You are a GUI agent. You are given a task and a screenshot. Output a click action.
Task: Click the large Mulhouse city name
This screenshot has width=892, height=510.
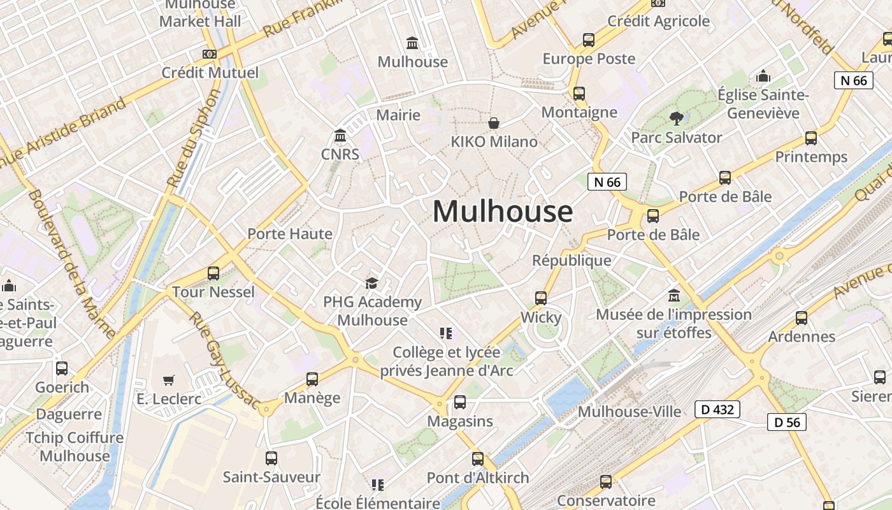point(502,212)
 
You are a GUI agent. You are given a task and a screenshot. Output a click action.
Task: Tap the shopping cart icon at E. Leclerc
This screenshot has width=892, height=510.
point(168,381)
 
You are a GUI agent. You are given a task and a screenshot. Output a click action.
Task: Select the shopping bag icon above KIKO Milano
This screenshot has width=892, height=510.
point(493,122)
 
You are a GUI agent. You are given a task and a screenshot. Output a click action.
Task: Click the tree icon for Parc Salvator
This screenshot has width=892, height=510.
point(676,118)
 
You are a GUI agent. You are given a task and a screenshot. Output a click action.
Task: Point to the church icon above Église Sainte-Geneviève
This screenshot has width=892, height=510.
point(763,76)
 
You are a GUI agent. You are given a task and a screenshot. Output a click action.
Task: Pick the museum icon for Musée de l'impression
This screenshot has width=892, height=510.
point(673,296)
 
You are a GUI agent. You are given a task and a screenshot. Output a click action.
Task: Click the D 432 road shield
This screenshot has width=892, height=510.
point(717,409)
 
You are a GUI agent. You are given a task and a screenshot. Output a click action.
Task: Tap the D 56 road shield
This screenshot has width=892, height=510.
point(786,421)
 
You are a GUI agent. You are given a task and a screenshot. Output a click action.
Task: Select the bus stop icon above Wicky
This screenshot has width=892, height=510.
point(540,298)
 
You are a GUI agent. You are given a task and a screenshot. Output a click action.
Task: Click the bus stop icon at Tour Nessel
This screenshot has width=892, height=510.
point(213,273)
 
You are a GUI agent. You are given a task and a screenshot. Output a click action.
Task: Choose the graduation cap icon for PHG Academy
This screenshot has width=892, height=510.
point(371,283)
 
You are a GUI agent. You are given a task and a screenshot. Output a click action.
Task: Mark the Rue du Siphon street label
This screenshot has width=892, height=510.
point(194,138)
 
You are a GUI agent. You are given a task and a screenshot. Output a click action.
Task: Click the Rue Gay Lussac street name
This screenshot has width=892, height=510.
point(224,360)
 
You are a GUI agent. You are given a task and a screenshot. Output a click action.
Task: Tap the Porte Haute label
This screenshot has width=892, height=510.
point(290,234)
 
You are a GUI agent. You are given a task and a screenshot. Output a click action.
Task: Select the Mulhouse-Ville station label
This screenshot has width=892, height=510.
point(629,412)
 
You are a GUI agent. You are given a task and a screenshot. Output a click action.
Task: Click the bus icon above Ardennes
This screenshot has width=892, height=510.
point(801,317)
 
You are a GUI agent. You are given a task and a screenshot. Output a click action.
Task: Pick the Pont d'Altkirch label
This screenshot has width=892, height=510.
point(477,477)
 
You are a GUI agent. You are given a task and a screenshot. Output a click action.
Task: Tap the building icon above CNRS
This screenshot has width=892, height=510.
point(340,136)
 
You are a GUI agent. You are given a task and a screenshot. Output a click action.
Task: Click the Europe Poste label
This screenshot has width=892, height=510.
point(589,59)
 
